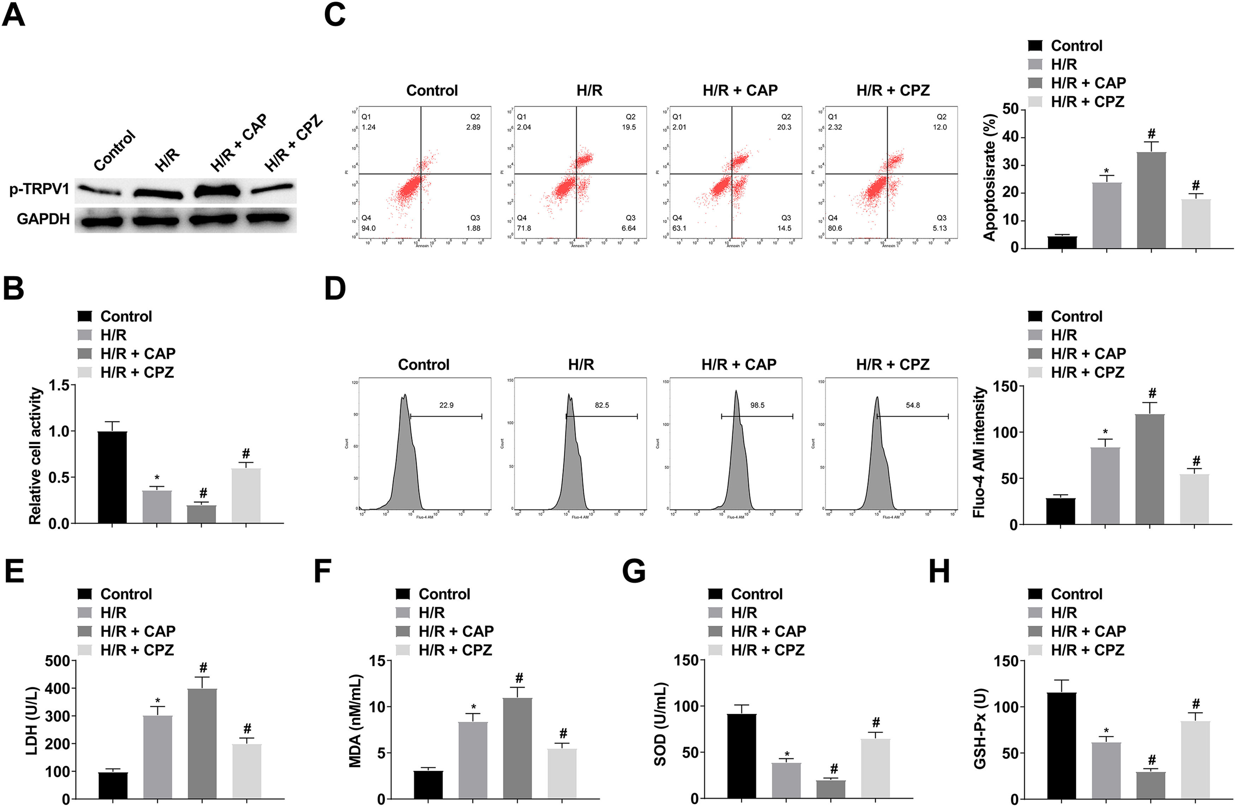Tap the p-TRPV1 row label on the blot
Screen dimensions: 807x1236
[39, 189]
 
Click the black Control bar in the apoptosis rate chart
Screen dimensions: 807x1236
[1062, 242]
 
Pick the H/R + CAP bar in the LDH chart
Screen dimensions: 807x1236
[203, 743]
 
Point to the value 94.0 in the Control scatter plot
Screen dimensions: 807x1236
[368, 228]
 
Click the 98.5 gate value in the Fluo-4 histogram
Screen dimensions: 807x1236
[757, 405]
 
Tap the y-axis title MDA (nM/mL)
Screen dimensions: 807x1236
[355, 721]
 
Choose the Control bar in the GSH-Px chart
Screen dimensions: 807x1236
[1062, 745]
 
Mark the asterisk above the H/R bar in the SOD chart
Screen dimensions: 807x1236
[787, 754]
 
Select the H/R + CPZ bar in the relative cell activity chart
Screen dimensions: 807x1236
[246, 496]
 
